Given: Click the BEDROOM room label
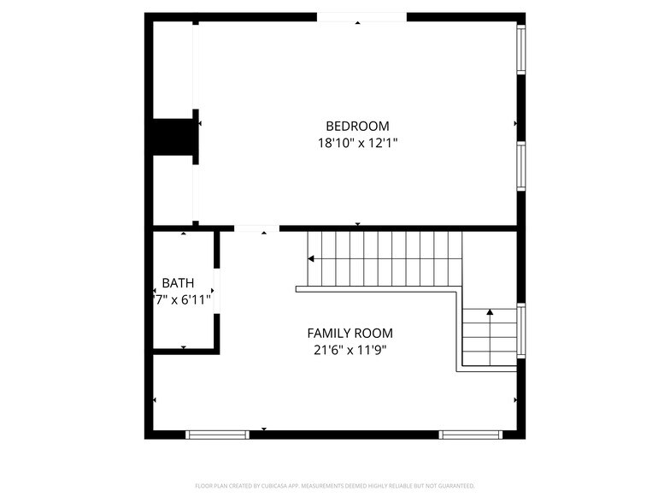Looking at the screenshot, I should coord(357,126).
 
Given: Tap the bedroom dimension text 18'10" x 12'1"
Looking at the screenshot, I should coord(357,143).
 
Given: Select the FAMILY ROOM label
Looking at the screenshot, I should coord(350,333).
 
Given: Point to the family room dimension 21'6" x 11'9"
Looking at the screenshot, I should coord(350,349).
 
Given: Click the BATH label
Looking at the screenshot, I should coord(178,283).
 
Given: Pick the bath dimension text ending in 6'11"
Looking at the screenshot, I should coord(180,299).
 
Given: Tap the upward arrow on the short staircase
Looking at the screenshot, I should coord(490,314).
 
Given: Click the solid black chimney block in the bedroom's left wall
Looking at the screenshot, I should coord(173,137).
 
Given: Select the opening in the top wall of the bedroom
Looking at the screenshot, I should coord(361,17).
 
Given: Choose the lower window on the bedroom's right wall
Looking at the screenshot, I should coord(520,164).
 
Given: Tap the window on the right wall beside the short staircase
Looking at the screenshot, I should coord(521,330).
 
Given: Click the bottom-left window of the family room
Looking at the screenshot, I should coord(218,435).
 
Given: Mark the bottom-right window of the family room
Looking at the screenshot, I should coord(471,435).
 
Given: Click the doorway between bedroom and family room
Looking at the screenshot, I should coord(256,228).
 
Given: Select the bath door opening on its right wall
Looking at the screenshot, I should coord(217,291).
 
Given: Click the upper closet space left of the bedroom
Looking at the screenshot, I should coord(173,68).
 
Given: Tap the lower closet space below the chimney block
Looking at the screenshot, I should coord(173,190).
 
